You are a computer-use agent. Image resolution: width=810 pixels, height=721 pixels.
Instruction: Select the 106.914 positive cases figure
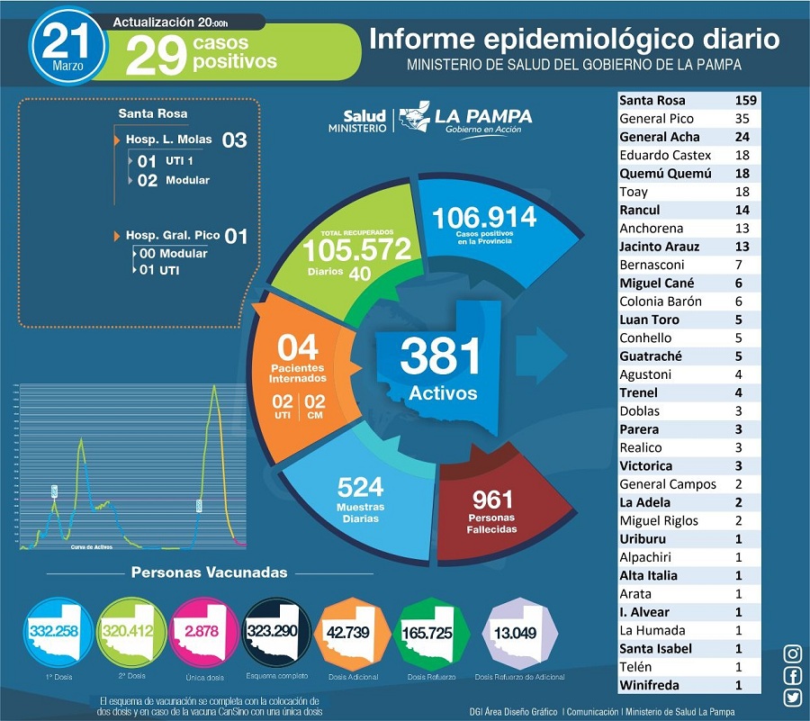(x=484, y=217)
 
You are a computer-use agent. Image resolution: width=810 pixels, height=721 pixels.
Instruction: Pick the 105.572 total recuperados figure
(x=356, y=249)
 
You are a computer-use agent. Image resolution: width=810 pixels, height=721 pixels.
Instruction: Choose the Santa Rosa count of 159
(x=745, y=100)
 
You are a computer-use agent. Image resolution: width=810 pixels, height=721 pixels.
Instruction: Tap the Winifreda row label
(x=652, y=685)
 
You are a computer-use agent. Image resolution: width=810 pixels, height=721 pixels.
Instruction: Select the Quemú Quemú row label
(x=665, y=174)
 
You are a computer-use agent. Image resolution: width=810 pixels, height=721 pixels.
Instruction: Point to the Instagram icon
(x=793, y=654)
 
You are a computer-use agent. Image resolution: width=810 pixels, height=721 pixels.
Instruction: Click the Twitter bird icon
(x=793, y=698)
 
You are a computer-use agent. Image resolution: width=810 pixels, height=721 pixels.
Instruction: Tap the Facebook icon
(x=793, y=676)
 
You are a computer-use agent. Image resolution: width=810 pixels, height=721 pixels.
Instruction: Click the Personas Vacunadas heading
(x=209, y=572)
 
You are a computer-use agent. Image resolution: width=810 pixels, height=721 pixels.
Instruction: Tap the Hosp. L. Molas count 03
(x=234, y=140)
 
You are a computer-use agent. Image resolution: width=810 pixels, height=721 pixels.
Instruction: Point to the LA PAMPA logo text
(x=482, y=116)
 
